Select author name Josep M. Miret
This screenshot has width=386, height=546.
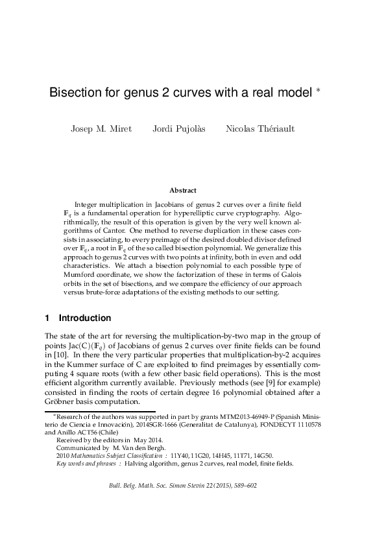tap(101, 128)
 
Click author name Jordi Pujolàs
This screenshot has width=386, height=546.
tap(178, 128)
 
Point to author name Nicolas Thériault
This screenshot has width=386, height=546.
tap(259, 128)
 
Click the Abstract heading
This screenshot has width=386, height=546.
tap(182, 190)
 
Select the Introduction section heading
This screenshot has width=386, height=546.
tap(85, 318)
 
